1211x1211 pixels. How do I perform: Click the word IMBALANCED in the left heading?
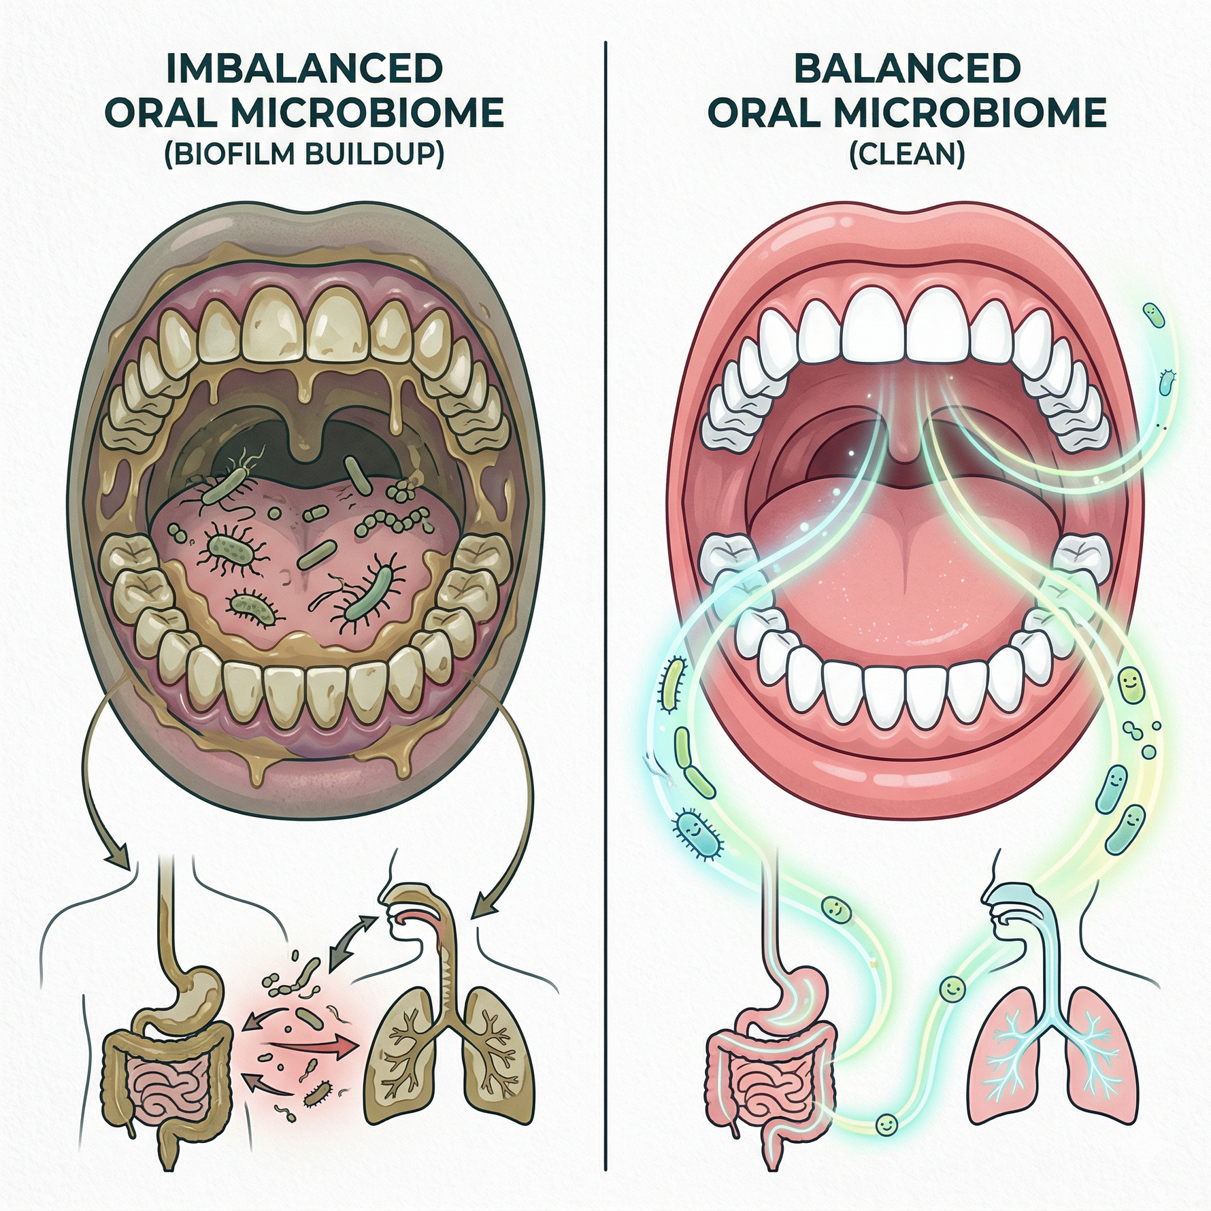[x=304, y=69]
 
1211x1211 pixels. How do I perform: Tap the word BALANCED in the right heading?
[x=907, y=69]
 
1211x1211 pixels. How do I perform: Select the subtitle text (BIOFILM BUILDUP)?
[x=304, y=154]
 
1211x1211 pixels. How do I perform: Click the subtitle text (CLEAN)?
[x=907, y=154]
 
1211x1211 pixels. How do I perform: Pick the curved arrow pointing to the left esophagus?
[x=95, y=782]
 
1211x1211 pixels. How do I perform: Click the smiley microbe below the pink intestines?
[x=884, y=1124]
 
